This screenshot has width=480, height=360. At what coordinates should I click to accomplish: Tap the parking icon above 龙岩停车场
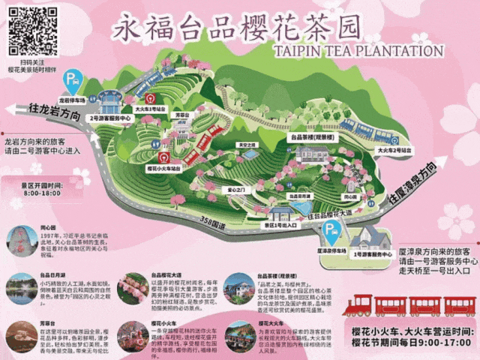click(x=73, y=78)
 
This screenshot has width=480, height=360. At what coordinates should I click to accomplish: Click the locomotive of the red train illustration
click(x=358, y=304)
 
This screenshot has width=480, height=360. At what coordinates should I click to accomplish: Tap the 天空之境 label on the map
click(x=247, y=145)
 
